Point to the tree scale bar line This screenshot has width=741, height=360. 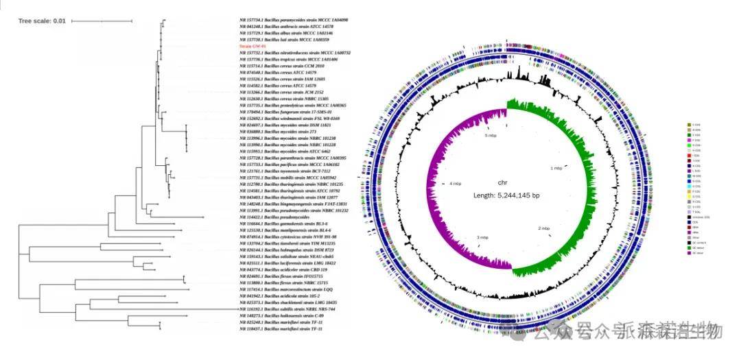click(101, 21)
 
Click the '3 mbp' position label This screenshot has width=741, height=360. click(482, 237)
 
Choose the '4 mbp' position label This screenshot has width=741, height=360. click(455, 184)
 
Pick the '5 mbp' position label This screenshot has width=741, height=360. click(490, 136)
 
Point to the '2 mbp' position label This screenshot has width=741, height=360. click(544, 228)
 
